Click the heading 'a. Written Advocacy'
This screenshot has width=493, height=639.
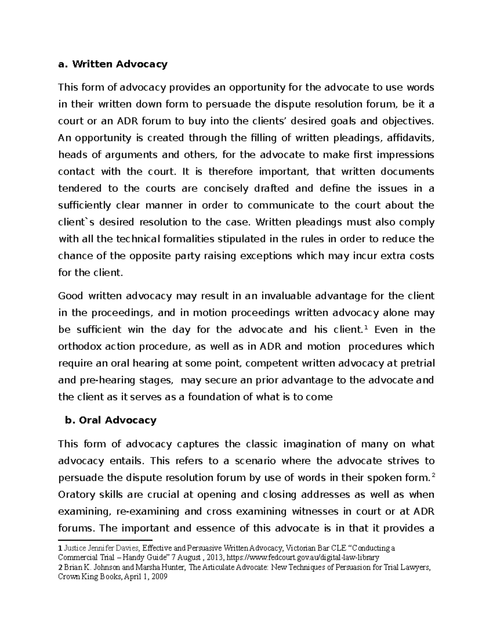click(113, 64)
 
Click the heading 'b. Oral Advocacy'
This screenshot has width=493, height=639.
click(111, 420)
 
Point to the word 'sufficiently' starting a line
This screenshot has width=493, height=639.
click(85, 205)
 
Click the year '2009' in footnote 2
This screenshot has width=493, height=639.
click(160, 577)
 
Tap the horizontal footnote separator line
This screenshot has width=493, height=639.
click(105, 540)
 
